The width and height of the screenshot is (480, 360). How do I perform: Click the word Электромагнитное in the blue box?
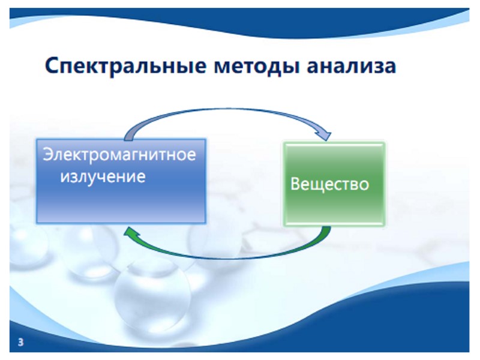[119, 154]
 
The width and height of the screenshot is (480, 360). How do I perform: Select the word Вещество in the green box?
[329, 183]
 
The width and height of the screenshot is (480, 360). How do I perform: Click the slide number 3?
[22, 343]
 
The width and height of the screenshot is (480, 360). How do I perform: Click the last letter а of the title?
[390, 67]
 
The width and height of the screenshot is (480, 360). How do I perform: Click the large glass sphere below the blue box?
[153, 291]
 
